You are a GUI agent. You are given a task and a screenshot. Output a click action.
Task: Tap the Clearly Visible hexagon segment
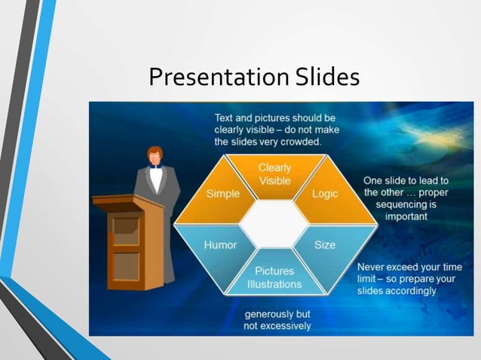point(274,174)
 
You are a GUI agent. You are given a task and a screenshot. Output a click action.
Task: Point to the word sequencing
point(406,204)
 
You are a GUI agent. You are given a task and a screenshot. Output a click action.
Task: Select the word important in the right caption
point(406,216)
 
